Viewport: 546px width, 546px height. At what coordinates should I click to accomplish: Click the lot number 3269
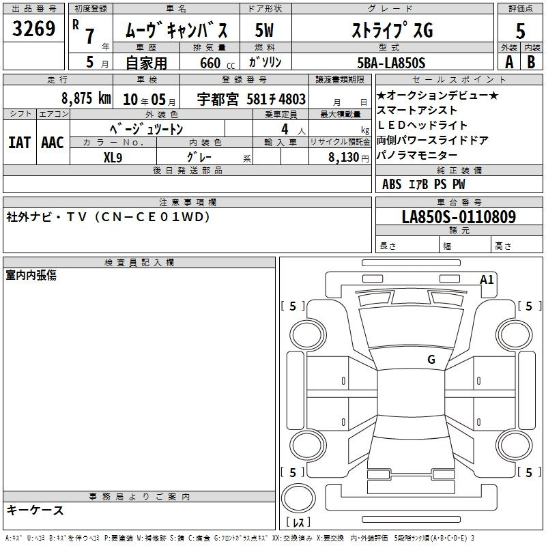click(x=33, y=29)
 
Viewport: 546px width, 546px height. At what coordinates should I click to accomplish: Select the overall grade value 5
click(x=520, y=31)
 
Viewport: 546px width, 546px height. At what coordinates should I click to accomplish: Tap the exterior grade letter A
click(x=509, y=62)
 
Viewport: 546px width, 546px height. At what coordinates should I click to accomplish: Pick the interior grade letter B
click(x=531, y=62)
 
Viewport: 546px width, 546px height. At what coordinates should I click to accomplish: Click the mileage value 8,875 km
click(x=86, y=98)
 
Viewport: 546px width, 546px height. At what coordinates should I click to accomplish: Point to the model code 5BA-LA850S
click(x=391, y=63)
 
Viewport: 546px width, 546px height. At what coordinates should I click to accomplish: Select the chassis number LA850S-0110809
click(x=459, y=216)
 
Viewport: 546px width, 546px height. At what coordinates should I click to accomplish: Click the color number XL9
click(x=113, y=158)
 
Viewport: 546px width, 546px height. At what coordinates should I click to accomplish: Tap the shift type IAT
click(x=20, y=143)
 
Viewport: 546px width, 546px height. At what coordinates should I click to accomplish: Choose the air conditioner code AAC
click(x=53, y=143)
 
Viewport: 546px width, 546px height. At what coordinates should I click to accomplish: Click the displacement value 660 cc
click(x=217, y=63)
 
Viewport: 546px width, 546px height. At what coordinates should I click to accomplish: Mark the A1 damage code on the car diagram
click(x=487, y=279)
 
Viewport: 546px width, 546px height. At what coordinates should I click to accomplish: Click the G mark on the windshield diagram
click(x=431, y=359)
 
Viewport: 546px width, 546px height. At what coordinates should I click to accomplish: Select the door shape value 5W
click(x=264, y=30)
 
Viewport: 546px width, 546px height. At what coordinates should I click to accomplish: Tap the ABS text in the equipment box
click(x=392, y=184)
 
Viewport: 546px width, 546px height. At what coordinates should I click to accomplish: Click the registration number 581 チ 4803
click(x=276, y=99)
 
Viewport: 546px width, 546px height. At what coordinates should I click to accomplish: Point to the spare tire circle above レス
click(x=298, y=498)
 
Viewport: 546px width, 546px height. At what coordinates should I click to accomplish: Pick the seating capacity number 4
click(x=285, y=129)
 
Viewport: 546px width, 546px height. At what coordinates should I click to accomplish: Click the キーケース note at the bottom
click(x=35, y=510)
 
